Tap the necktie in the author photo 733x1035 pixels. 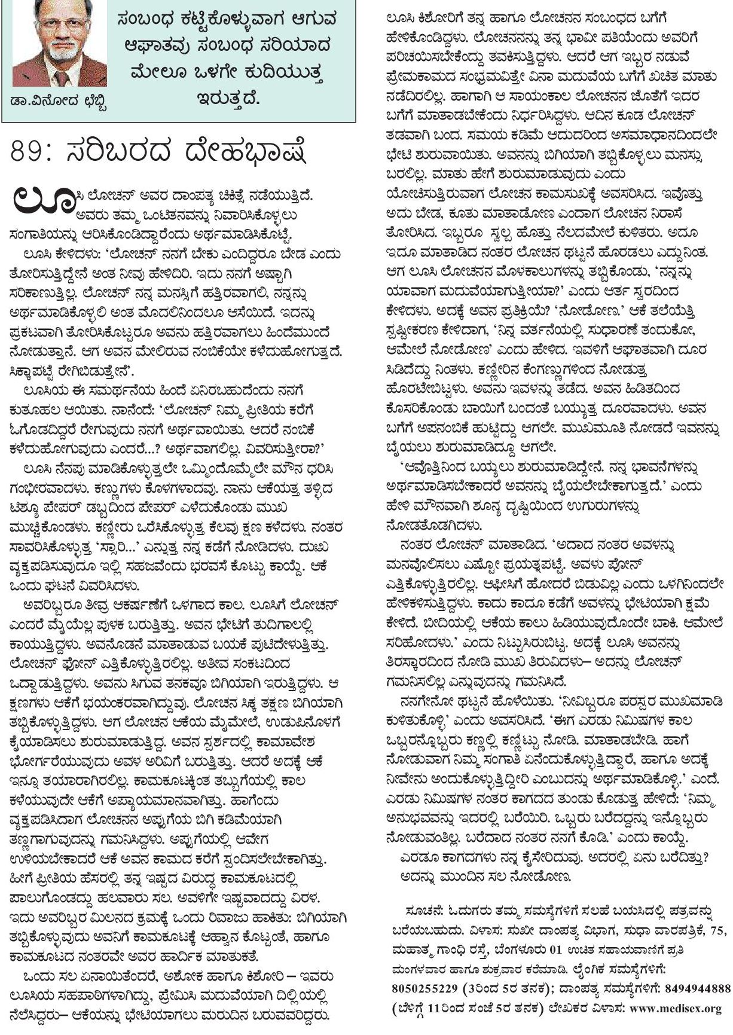point(60,80)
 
